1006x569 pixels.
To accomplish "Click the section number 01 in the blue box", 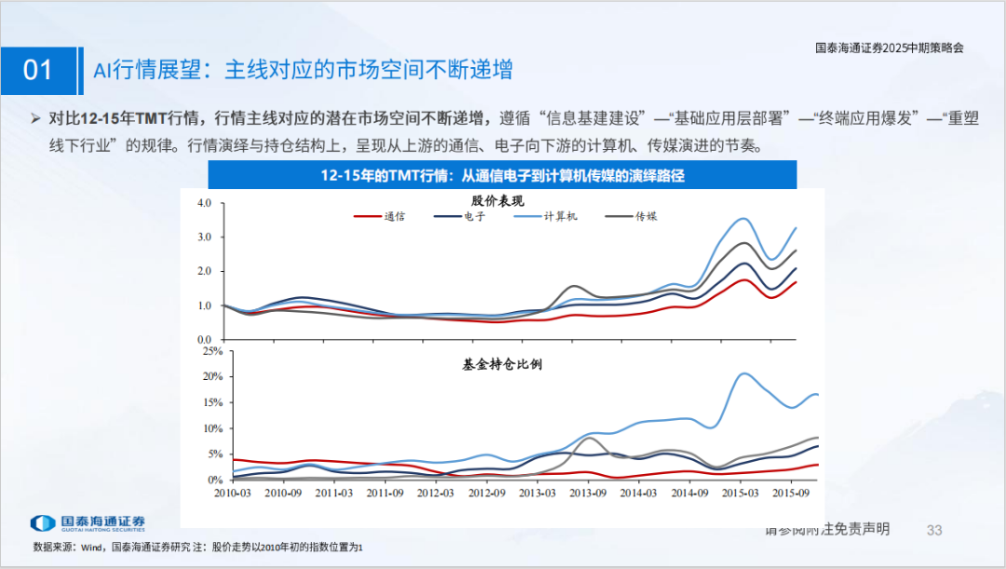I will [x=38, y=71].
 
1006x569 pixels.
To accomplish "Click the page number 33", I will [x=934, y=530].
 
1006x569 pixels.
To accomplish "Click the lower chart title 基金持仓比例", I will [x=502, y=364].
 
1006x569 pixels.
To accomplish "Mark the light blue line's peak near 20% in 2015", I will [x=743, y=374].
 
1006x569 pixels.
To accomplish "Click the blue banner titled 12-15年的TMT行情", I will [x=502, y=176].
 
